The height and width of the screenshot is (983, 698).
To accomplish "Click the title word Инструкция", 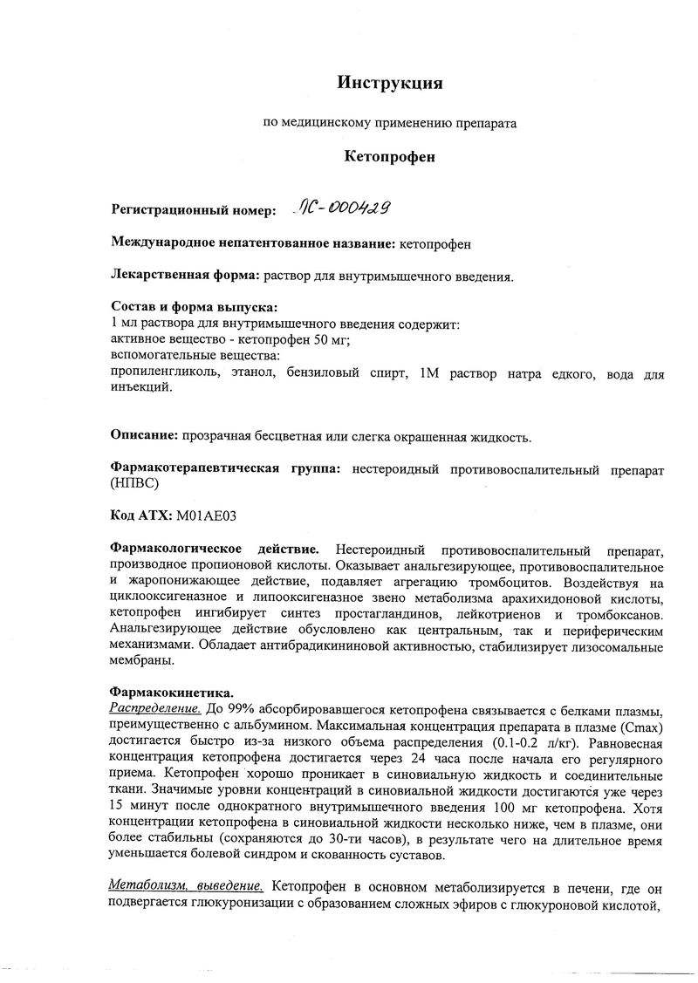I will click(x=390, y=83).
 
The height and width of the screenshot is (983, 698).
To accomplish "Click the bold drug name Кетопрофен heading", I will click(x=390, y=157).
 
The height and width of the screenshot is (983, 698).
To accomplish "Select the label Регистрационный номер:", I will click(x=193, y=210).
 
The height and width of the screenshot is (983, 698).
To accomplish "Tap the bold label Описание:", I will click(x=144, y=436).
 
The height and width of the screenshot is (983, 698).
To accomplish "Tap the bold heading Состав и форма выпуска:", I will click(x=194, y=308).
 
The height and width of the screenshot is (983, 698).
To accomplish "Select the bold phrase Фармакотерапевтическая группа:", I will click(x=225, y=469).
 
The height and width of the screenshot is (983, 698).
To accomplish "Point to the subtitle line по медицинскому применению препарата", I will click(x=390, y=123).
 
